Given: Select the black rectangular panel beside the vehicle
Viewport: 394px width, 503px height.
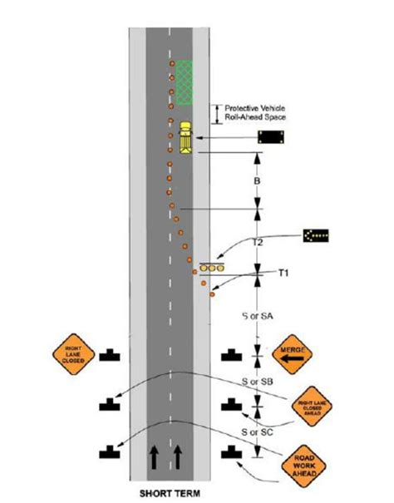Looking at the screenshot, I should (271, 138).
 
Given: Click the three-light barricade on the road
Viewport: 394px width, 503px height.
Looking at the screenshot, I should (212, 269).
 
